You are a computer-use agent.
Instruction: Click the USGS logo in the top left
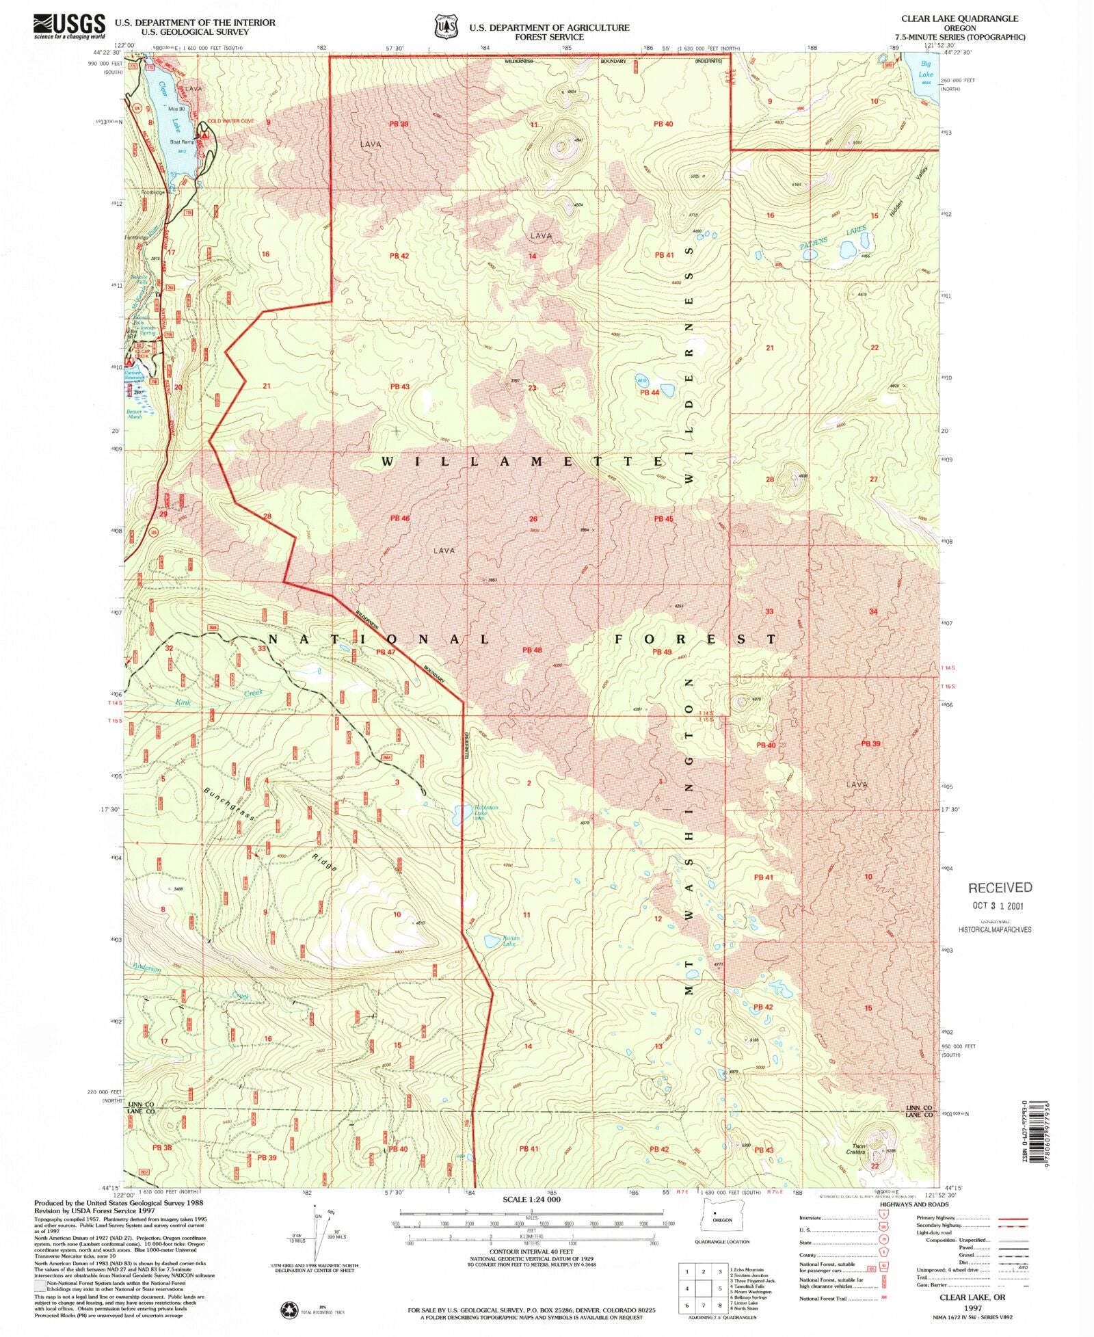click(x=69, y=25)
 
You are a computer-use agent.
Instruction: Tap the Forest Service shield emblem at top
click(x=444, y=27)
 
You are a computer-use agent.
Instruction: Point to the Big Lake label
click(x=925, y=69)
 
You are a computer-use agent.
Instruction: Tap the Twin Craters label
click(x=858, y=1149)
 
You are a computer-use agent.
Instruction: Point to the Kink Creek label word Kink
click(x=183, y=702)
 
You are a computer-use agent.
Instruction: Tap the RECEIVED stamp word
click(x=1000, y=888)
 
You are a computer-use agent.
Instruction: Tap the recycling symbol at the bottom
click(x=289, y=1310)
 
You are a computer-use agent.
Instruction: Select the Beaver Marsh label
click(x=134, y=414)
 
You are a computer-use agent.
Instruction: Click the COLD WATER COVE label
click(x=230, y=121)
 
